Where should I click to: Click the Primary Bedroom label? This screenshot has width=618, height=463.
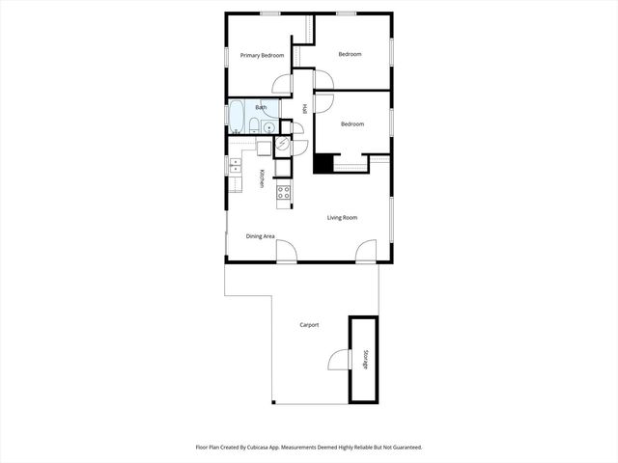pos(263,55)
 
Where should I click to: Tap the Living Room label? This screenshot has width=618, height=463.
pos(342,218)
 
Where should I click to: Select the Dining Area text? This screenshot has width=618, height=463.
pos(261,236)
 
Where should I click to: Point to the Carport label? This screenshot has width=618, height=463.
pos(309,325)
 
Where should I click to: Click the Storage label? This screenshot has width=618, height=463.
pos(365,360)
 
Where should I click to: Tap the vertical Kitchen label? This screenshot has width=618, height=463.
pos(261,178)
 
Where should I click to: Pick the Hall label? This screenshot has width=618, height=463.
pos(304,109)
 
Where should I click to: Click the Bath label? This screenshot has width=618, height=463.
pos(261,107)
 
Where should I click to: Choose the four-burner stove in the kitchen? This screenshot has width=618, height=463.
pos(284,192)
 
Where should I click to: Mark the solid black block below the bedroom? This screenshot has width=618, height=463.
pos(323,164)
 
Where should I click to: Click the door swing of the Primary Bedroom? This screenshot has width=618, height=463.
pos(281,84)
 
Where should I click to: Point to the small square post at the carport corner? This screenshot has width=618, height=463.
pos(272,402)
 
